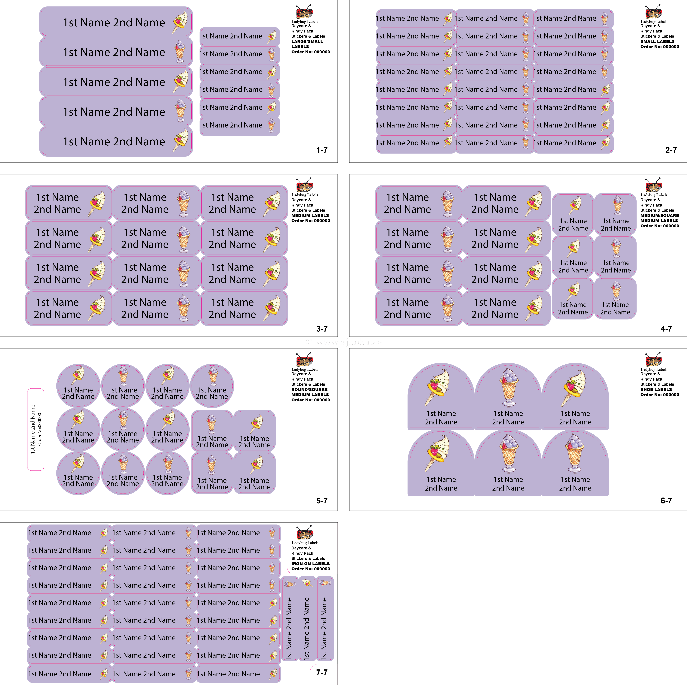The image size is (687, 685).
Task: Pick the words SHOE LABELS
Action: [656, 389]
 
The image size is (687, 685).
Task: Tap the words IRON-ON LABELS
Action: [310, 564]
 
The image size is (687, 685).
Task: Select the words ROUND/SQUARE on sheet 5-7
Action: [309, 389]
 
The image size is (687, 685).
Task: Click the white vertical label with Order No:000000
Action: [36, 429]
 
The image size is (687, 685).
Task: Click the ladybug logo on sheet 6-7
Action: [654, 360]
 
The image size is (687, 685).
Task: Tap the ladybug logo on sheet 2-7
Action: [654, 12]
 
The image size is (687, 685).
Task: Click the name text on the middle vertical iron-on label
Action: [307, 628]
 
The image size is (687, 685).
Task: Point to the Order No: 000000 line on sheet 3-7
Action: [310, 221]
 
